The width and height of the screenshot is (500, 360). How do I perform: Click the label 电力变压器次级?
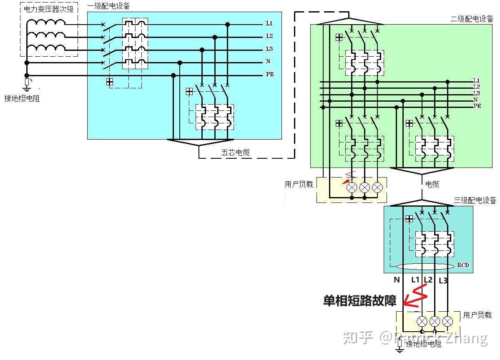pyautogui.click(x=49, y=8)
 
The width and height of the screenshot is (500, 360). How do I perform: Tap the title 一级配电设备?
pyautogui.click(x=108, y=6)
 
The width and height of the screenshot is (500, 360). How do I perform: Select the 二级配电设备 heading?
pyautogui.click(x=472, y=19)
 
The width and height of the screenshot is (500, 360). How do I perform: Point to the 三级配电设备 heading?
pyautogui.click(x=475, y=200)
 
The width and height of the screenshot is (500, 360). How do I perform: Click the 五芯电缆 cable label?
pyautogui.click(x=235, y=152)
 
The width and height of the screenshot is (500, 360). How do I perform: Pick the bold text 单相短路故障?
pyautogui.click(x=359, y=300)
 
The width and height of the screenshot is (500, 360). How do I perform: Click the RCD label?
pyautogui.click(x=463, y=265)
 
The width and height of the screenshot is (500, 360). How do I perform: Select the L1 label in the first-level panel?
pyautogui.click(x=269, y=23)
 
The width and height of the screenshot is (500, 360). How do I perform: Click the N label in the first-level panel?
pyautogui.click(x=268, y=62)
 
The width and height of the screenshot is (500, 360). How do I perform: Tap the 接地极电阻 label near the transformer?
pyautogui.click(x=22, y=99)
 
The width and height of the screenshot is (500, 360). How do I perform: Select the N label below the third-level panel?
pyautogui.click(x=396, y=280)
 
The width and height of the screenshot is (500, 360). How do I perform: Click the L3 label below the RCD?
pyautogui.click(x=443, y=280)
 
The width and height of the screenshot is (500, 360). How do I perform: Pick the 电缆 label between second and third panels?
pyautogui.click(x=432, y=184)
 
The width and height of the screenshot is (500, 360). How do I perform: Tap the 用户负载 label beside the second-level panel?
pyautogui.click(x=299, y=184)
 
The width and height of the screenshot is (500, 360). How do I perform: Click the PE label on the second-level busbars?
pyautogui.click(x=477, y=106)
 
